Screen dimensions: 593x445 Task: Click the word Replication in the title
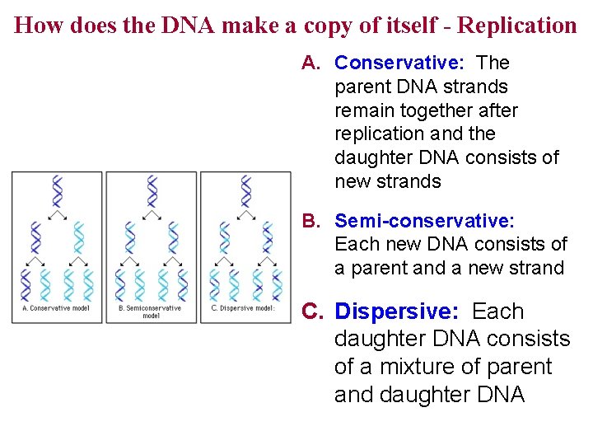point(516,25)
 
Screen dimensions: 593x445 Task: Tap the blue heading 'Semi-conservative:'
point(425,221)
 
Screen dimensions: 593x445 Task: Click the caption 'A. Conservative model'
point(54,309)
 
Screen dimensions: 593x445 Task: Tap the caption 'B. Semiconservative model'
point(151,311)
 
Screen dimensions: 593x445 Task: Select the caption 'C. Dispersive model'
point(243,309)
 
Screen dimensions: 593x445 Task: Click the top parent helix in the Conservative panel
point(57,191)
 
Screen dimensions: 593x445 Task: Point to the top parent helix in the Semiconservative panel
point(152,191)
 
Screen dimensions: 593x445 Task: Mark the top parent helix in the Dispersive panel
point(245,191)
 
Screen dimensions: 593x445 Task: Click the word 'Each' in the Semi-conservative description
point(356,245)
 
